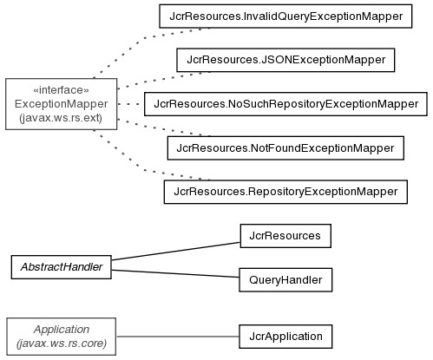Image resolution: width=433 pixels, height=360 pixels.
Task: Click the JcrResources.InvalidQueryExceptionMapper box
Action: (x=285, y=16)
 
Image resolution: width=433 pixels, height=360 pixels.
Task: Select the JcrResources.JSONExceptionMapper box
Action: (x=285, y=60)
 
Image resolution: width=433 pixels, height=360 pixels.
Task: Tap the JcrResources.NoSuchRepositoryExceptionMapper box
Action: (x=285, y=104)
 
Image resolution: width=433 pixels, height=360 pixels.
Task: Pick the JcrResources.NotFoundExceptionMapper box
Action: (x=285, y=147)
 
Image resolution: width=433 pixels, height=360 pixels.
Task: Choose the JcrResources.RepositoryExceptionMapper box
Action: (x=285, y=192)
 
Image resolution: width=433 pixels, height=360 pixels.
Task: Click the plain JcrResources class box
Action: (x=285, y=236)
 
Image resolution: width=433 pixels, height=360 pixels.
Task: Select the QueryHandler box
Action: (x=285, y=279)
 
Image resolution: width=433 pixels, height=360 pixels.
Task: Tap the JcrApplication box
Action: (x=285, y=337)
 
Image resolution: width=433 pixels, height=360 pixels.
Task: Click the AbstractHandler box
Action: (x=62, y=267)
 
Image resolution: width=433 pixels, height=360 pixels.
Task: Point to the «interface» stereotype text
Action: (x=61, y=90)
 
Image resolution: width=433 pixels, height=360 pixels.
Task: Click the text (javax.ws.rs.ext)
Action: (x=61, y=118)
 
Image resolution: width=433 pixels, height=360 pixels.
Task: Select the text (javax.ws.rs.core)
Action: (x=62, y=344)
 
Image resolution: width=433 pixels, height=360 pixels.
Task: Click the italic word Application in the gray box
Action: (x=62, y=330)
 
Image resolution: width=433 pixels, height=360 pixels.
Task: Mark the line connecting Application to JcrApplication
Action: (x=178, y=337)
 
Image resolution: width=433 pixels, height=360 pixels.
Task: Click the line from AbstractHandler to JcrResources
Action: (x=175, y=251)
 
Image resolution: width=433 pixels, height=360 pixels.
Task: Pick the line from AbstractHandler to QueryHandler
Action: (x=175, y=273)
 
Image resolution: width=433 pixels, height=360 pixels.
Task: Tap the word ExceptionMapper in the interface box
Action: (x=61, y=104)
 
